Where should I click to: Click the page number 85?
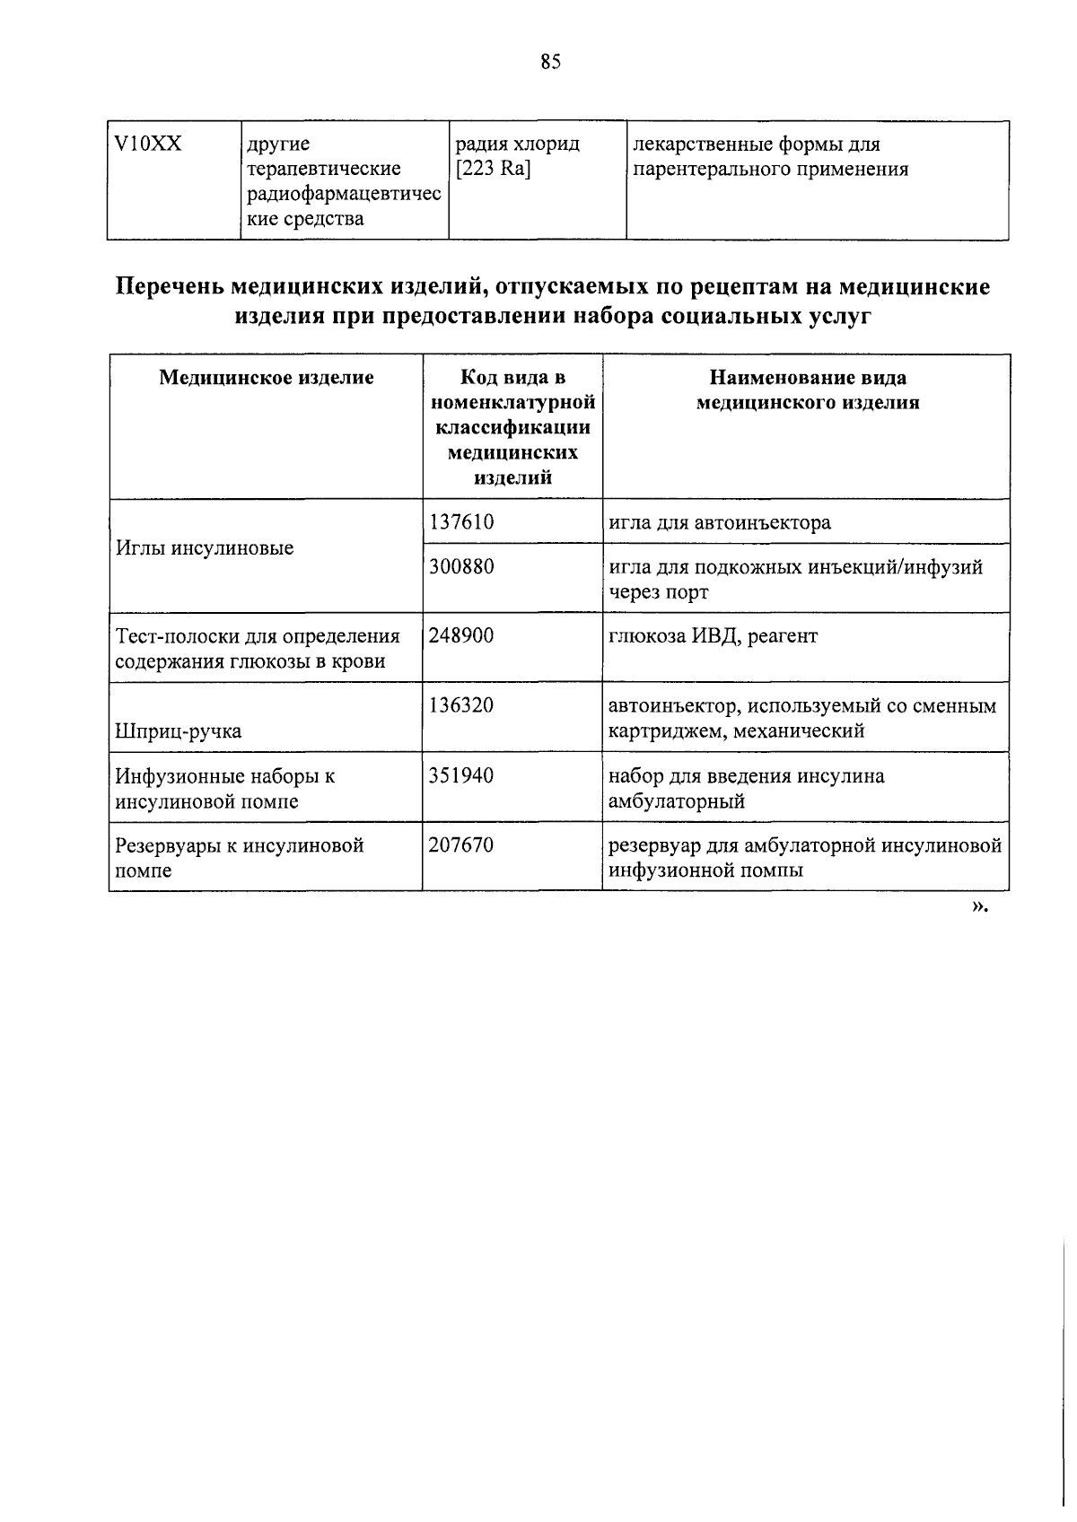coord(550,62)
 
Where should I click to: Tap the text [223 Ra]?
coord(493,170)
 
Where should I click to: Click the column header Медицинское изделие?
coord(267,378)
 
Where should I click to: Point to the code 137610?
coord(461,522)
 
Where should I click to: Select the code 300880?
coord(461,567)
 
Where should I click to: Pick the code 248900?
coord(461,636)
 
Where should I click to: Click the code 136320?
coord(461,705)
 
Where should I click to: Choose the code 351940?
coord(461,775)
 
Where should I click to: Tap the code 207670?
coord(461,844)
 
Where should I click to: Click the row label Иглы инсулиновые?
coord(205,548)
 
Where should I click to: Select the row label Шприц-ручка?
coord(179,731)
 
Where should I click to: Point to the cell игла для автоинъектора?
coord(720,522)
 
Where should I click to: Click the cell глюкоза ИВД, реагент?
coord(714,636)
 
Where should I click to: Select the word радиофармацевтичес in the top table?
coord(344,195)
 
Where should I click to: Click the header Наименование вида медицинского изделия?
coord(808,390)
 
